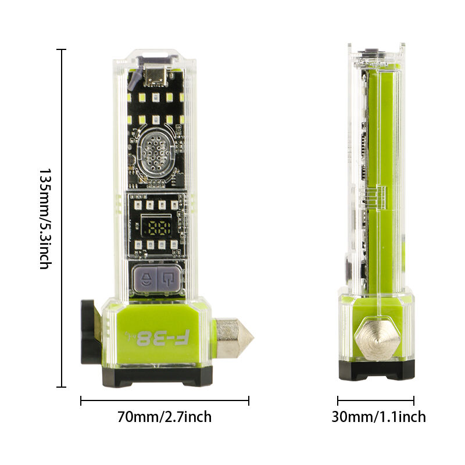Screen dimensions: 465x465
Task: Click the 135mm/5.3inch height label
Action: [x=45, y=219]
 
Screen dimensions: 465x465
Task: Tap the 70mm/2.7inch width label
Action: [x=164, y=417]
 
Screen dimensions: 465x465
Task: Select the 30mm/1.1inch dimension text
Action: [x=379, y=417]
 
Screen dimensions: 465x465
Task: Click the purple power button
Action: [x=169, y=279]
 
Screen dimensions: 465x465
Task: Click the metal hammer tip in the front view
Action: [x=234, y=338]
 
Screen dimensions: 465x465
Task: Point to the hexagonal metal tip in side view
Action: [x=377, y=339]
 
